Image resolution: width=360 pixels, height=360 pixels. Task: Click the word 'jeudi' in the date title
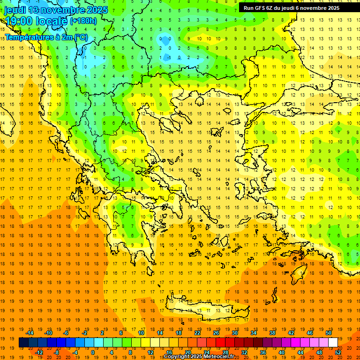coord(15,10)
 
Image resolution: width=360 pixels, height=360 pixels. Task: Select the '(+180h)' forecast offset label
coord(83,21)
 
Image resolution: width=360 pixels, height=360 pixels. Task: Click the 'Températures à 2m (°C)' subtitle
coord(46,37)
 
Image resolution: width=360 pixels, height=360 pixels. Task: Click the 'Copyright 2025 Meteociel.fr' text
coord(199,357)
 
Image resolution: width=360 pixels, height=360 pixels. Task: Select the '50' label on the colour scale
coord(329,333)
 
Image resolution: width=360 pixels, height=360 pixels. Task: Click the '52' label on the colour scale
coord(338,352)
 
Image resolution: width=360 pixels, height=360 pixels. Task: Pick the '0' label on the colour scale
coord(92,352)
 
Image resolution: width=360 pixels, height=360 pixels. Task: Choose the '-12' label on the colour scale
coord(39,352)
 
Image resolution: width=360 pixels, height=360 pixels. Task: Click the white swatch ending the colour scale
coord(333,343)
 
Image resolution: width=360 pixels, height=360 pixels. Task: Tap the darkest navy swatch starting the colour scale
coord(23,343)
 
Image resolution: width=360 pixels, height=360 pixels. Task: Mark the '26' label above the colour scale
coord(216,333)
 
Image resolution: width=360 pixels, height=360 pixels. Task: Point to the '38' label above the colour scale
coord(272,333)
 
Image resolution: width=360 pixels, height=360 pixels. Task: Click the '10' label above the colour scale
coord(141,333)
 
